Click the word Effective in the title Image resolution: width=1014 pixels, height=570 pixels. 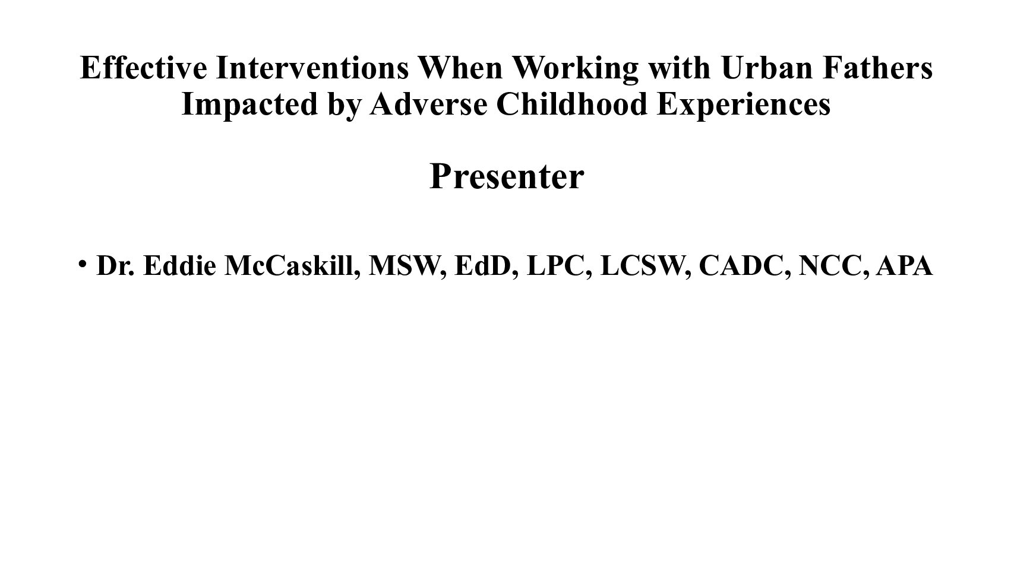click(x=144, y=68)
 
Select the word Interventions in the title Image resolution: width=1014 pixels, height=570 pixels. click(x=312, y=68)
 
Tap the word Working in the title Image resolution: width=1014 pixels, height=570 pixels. click(x=576, y=69)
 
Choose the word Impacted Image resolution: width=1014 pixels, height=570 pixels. click(x=249, y=105)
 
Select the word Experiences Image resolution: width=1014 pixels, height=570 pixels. click(x=744, y=105)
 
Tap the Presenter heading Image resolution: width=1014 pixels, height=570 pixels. click(x=507, y=176)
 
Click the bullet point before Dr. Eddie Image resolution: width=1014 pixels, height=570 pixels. click(x=82, y=263)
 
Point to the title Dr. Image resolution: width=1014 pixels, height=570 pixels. click(x=115, y=265)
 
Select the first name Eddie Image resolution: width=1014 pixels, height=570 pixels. click(x=180, y=265)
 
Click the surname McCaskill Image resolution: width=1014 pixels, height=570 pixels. click(x=292, y=266)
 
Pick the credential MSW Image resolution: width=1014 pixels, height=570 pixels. click(x=408, y=266)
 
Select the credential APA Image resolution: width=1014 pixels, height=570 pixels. click(x=905, y=265)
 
